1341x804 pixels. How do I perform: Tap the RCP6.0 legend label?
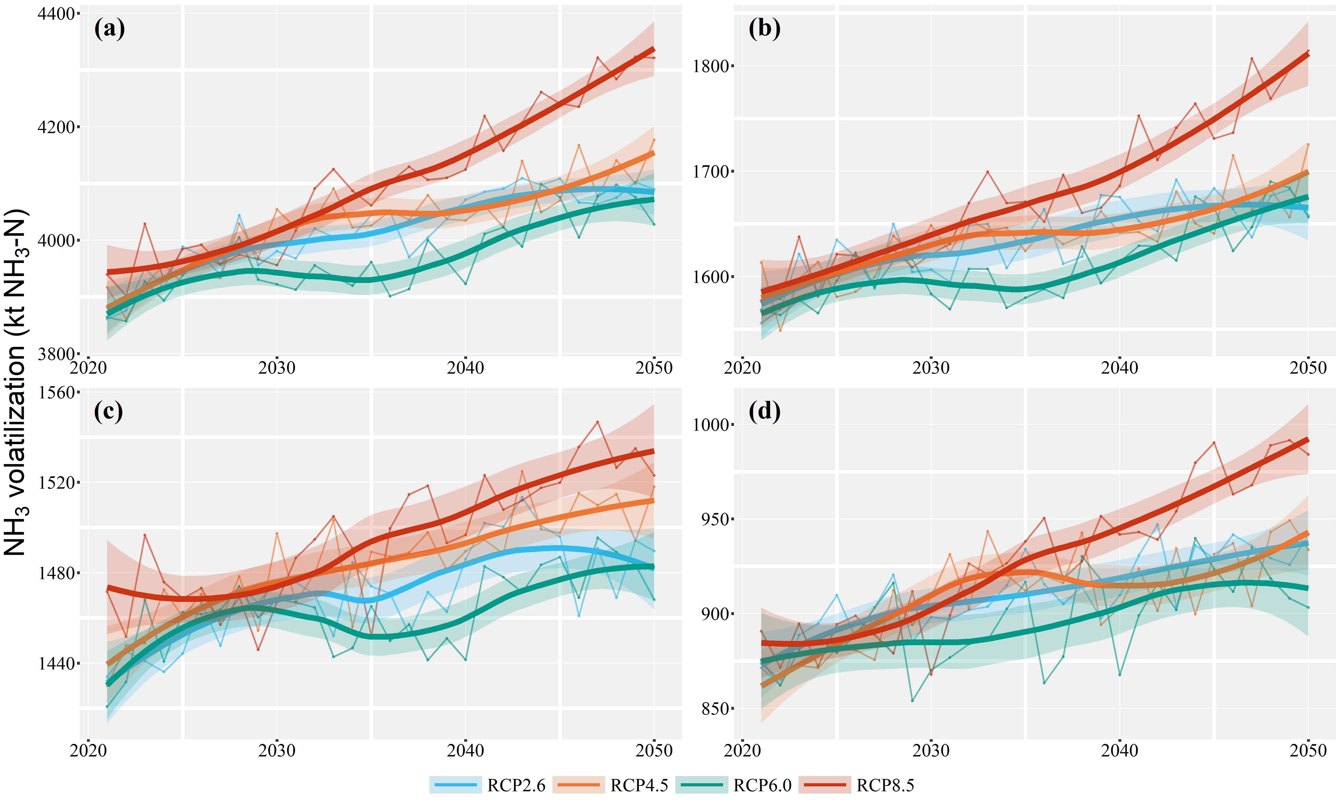tap(762, 785)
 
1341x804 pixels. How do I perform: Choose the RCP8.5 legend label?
tap(885, 785)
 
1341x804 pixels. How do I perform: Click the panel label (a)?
tap(109, 28)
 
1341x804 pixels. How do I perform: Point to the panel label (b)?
tap(764, 28)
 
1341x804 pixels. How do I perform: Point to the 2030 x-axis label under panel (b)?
tap(931, 368)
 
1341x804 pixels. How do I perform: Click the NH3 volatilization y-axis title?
tap(15, 382)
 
